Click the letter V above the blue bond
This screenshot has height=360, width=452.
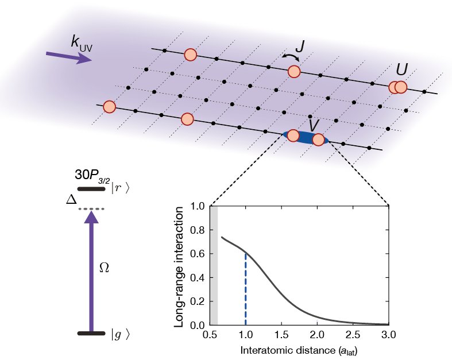[x=314, y=124]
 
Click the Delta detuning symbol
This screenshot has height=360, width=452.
[x=72, y=200]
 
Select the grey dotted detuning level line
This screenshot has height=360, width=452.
[x=91, y=209]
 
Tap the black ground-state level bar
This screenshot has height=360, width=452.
[x=91, y=333]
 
